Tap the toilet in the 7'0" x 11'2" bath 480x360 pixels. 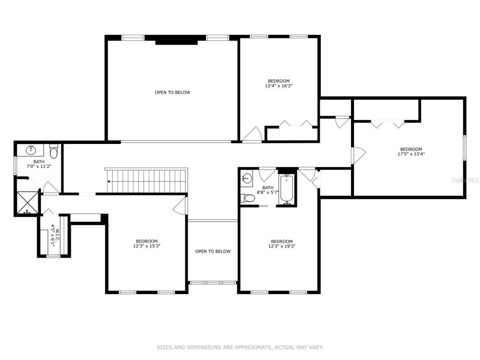click(x=54, y=151)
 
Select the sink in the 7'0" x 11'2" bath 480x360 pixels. click(x=31, y=150)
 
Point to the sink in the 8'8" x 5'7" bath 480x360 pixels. click(x=246, y=178)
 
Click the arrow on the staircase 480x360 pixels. click(x=108, y=181)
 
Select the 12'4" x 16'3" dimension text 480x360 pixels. click(x=278, y=86)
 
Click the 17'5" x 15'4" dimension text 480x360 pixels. click(x=411, y=154)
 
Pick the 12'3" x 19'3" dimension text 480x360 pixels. click(x=282, y=246)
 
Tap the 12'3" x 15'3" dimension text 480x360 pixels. click(x=147, y=246)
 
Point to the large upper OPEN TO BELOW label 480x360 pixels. click(x=172, y=92)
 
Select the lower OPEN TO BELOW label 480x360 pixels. click(x=213, y=251)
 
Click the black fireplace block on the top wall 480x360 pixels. click(x=176, y=40)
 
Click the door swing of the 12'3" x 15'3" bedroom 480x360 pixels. click(x=180, y=206)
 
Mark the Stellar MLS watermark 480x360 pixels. click(x=465, y=180)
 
